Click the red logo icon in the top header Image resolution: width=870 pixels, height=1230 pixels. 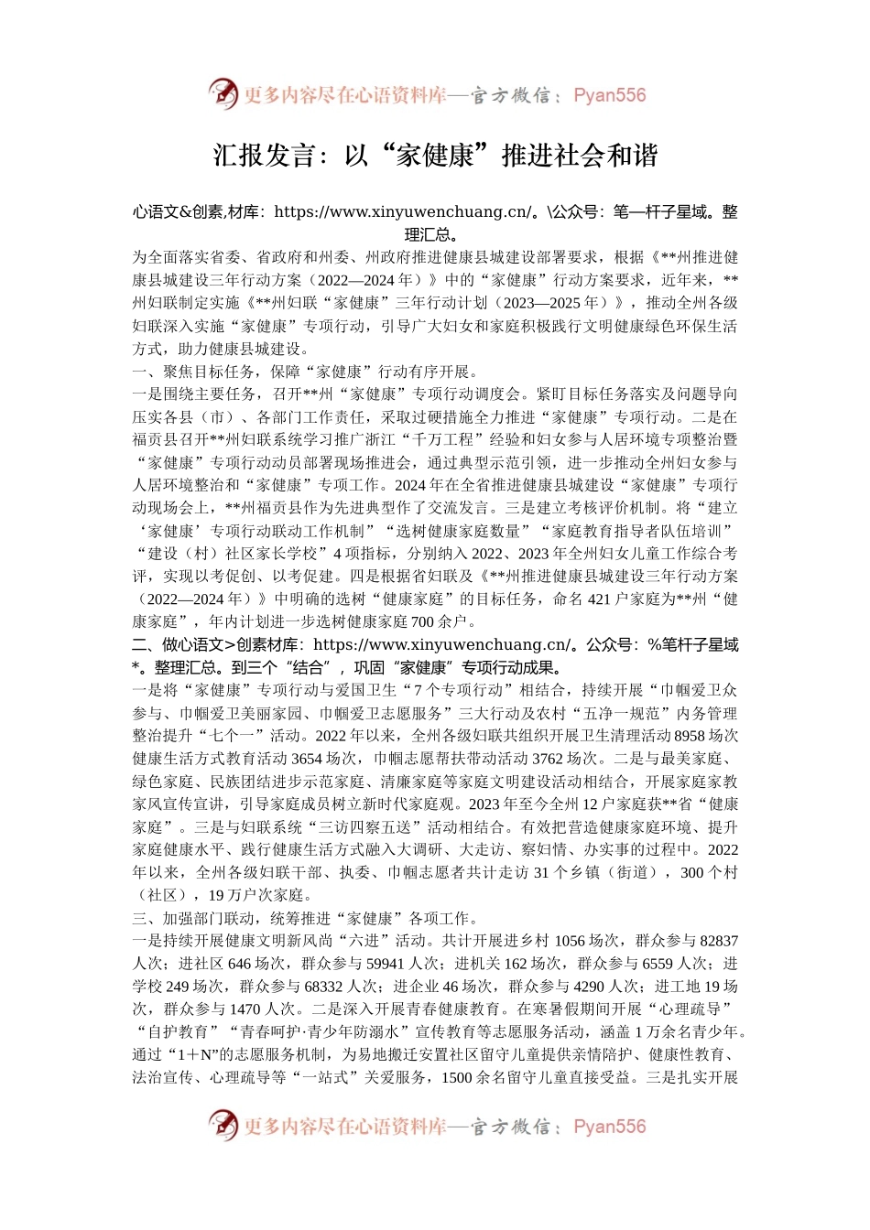click(x=223, y=93)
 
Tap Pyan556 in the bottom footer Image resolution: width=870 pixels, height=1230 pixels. click(x=610, y=1127)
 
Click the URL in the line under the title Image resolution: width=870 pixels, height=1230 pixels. click(x=402, y=212)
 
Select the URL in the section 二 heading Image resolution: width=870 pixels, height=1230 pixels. click(x=441, y=645)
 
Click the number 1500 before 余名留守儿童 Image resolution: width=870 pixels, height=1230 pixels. click(x=456, y=1077)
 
